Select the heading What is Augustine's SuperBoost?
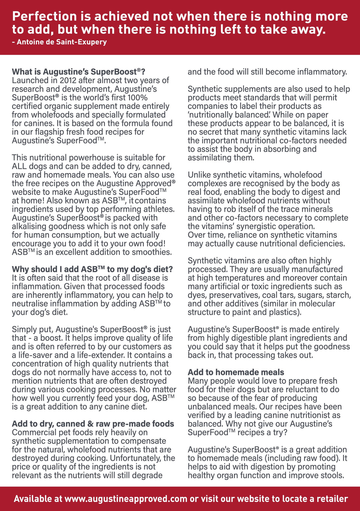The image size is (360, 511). point(78,72)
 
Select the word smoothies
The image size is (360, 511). point(152,252)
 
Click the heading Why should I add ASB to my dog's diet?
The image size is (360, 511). point(92,269)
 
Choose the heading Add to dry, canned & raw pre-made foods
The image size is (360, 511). point(93,424)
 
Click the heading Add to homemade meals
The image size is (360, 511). point(236,372)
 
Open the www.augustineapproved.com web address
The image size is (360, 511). point(126,499)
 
